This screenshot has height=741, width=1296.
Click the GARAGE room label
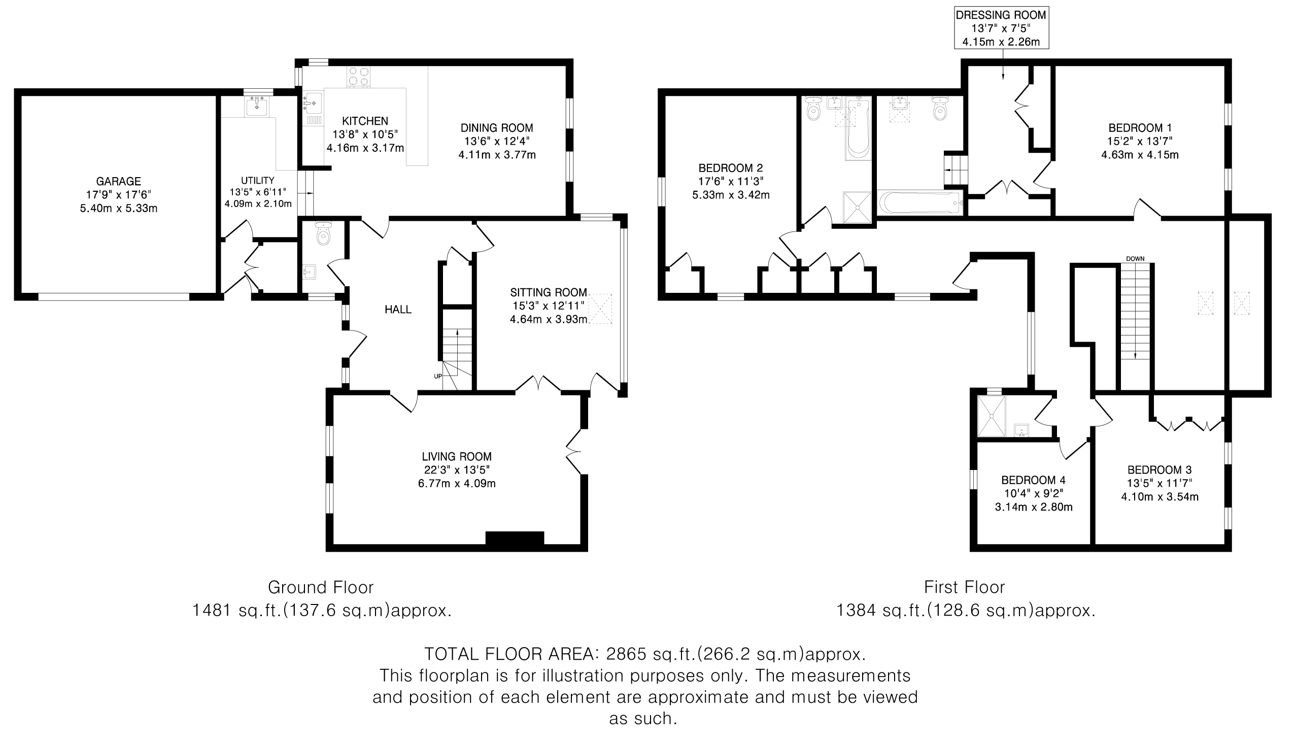[119, 181]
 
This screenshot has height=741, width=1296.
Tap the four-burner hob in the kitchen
[358, 77]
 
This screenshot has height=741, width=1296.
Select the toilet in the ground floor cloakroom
[323, 233]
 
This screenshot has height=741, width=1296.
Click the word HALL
[398, 310]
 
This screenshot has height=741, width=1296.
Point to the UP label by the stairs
[437, 377]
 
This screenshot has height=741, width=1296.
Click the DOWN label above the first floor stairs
[1135, 258]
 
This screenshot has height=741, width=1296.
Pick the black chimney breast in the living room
[515, 540]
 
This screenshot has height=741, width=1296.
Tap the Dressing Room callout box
[1001, 28]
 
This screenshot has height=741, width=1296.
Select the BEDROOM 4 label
[1034, 480]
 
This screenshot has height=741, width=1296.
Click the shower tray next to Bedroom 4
[992, 416]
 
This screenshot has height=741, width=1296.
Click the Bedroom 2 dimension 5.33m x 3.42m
[731, 195]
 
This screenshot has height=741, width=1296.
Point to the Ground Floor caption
[321, 587]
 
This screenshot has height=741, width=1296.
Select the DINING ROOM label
[497, 128]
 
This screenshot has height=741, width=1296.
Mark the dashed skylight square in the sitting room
[600, 309]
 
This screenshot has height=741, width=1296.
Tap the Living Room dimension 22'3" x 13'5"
[457, 470]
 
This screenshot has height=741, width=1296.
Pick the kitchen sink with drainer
[313, 109]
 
